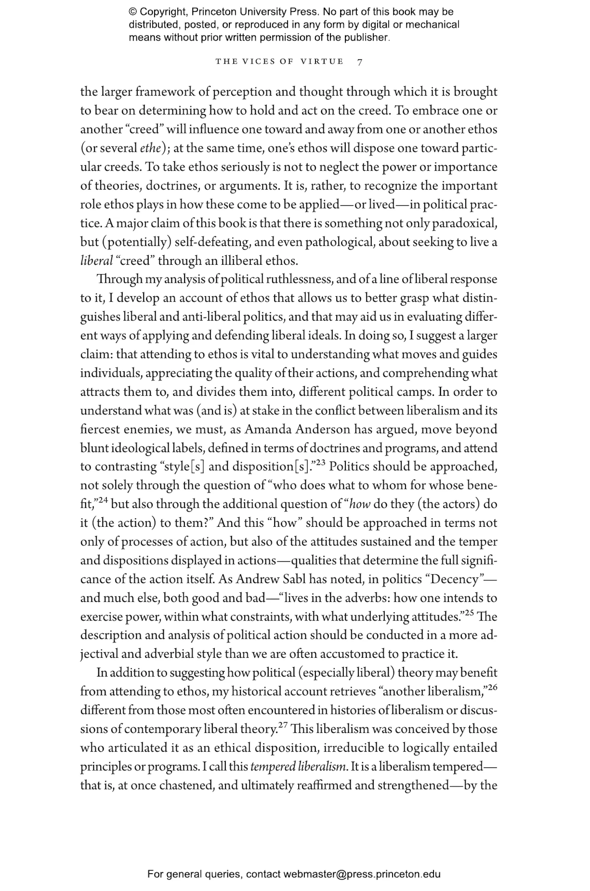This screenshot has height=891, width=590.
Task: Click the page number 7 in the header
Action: tap(360, 62)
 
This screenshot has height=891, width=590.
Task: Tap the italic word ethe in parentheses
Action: tap(150, 148)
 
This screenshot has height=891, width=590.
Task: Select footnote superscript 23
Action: tap(321, 463)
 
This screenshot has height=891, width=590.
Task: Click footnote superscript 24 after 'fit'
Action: tap(103, 500)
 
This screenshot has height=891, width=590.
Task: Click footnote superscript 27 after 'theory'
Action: tap(283, 725)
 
